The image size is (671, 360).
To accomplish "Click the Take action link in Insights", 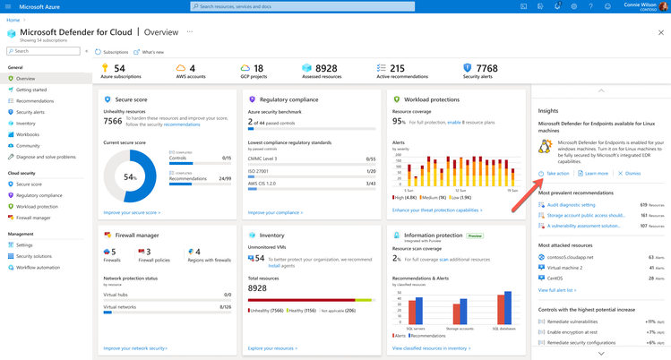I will click(556, 173).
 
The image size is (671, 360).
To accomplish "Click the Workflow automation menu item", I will click(37, 267).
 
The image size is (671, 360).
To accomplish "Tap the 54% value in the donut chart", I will click(130, 177).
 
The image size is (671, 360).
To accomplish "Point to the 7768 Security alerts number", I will click(486, 68).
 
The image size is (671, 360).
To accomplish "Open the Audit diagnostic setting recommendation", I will click(570, 204).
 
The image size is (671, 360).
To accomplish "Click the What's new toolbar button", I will click(152, 52).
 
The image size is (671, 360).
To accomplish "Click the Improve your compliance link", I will click(275, 212).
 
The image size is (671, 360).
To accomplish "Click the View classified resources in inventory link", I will click(431, 347).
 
